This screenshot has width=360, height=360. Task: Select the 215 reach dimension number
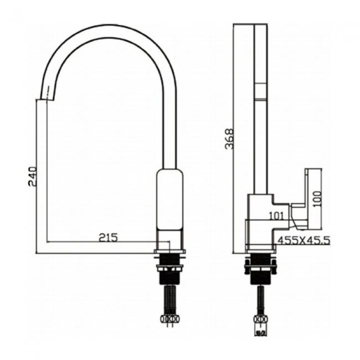(109, 237)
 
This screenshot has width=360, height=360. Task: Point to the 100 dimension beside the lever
(316, 198)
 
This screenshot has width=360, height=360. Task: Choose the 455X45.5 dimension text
(304, 240)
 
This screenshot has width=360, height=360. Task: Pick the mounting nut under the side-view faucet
(260, 264)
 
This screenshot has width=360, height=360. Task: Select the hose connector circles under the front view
(169, 320)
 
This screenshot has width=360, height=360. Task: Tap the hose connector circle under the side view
(260, 320)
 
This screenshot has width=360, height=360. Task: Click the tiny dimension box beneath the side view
(260, 333)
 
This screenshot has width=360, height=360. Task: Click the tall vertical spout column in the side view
(260, 111)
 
